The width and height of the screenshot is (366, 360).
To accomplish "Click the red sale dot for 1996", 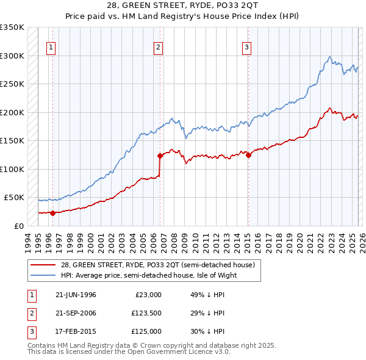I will (52, 213).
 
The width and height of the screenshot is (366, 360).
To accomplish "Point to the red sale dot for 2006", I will (160, 156).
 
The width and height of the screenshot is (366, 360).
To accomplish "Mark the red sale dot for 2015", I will (248, 155).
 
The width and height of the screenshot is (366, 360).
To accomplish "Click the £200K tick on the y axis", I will (12, 112).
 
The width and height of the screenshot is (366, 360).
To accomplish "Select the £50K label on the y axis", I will (14, 198).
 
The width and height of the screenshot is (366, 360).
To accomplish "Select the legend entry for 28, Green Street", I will (161, 265).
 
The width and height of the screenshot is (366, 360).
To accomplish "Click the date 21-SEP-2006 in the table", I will (76, 313).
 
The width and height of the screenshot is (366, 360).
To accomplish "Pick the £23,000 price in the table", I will (148, 295).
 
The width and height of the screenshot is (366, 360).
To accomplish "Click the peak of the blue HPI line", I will (329, 57).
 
